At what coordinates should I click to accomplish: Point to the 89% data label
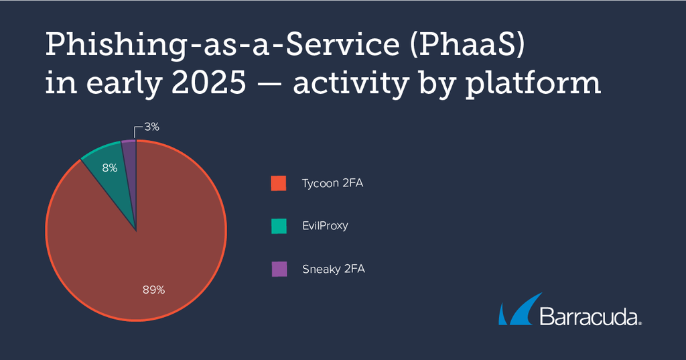(x=153, y=290)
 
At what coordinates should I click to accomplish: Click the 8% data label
(x=109, y=168)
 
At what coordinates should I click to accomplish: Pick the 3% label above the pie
(x=151, y=126)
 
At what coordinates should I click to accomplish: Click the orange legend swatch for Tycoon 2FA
(x=279, y=183)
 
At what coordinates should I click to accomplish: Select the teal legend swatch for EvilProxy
(x=279, y=226)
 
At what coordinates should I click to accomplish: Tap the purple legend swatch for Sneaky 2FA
(x=279, y=269)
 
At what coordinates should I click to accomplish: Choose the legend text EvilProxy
(x=325, y=226)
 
